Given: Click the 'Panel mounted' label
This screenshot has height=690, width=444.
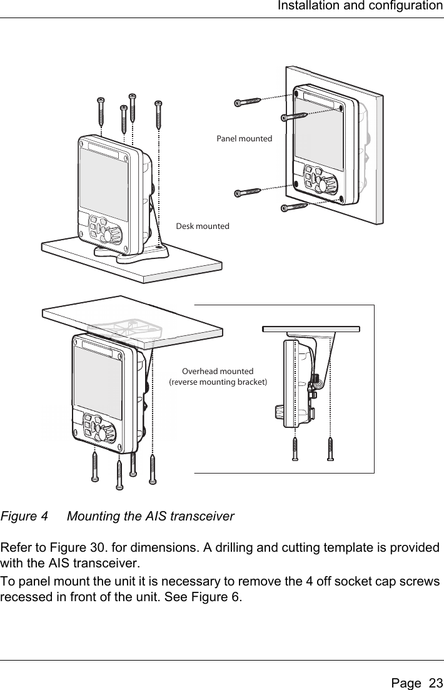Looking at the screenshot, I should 244,138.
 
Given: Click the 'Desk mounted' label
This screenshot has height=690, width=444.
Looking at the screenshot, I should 202,226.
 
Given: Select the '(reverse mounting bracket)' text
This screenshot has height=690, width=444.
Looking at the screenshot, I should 218,382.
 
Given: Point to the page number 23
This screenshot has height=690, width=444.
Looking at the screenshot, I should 430,676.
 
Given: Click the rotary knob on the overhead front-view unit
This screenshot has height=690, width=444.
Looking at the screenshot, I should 108,433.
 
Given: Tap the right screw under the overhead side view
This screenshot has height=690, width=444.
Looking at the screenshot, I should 330,450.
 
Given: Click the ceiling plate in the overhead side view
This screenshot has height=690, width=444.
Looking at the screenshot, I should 311,328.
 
